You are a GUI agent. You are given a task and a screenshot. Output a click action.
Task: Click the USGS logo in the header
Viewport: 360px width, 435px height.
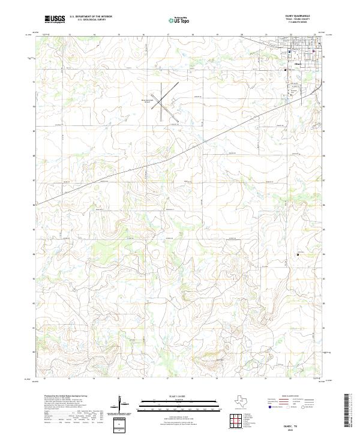point(55,19)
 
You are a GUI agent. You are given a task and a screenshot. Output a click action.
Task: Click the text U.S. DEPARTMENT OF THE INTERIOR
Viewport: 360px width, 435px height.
point(90,17)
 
